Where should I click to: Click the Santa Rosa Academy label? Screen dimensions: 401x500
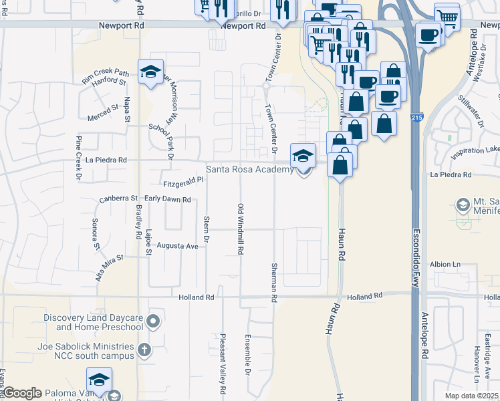[249, 170]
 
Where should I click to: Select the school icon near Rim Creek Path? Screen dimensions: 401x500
[151, 72]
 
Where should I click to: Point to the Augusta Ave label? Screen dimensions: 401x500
[177, 246]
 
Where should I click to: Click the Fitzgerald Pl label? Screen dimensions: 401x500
[182, 181]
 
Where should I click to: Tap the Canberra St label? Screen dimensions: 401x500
[118, 198]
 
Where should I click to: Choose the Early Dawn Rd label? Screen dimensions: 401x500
[168, 198]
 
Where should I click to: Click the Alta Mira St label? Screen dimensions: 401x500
[110, 266]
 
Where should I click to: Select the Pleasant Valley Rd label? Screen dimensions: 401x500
[223, 364]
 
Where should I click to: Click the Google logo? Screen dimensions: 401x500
[22, 393]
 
